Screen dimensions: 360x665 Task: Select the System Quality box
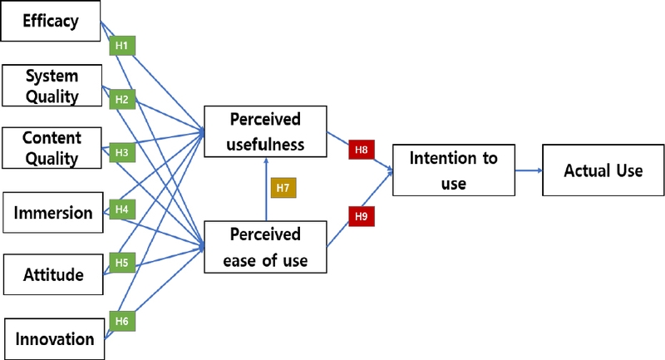click(51, 86)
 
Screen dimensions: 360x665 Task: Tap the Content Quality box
click(51, 148)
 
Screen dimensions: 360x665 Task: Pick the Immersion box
click(52, 213)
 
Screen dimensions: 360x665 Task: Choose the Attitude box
click(52, 274)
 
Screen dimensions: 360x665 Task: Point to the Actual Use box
click(603, 170)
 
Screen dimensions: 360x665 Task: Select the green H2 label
click(121, 100)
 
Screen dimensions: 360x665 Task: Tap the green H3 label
click(121, 153)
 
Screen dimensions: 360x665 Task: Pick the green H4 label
click(121, 209)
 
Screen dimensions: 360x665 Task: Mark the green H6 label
click(121, 320)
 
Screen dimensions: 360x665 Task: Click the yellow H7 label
click(283, 188)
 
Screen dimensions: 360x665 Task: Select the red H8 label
click(361, 150)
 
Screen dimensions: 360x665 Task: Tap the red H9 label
click(361, 217)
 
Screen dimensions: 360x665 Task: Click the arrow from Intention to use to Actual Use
click(528, 170)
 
